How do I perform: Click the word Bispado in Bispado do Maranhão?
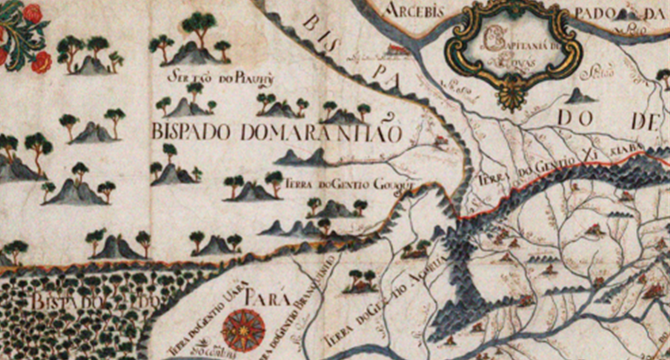(x=188, y=133)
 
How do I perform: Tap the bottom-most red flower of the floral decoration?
(x=41, y=63)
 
